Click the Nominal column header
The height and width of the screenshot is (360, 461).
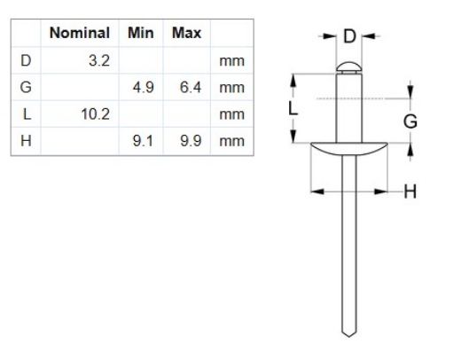pos(80,34)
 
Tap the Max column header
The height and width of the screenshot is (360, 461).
pos(186,34)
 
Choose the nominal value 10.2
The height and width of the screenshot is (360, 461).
pos(94,113)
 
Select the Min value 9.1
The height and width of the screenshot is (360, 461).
pos(144,140)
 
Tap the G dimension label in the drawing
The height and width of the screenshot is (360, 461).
pos(410,121)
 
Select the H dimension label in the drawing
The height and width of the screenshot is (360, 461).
pos(410,190)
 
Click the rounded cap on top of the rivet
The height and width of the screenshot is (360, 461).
pos(348,65)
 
